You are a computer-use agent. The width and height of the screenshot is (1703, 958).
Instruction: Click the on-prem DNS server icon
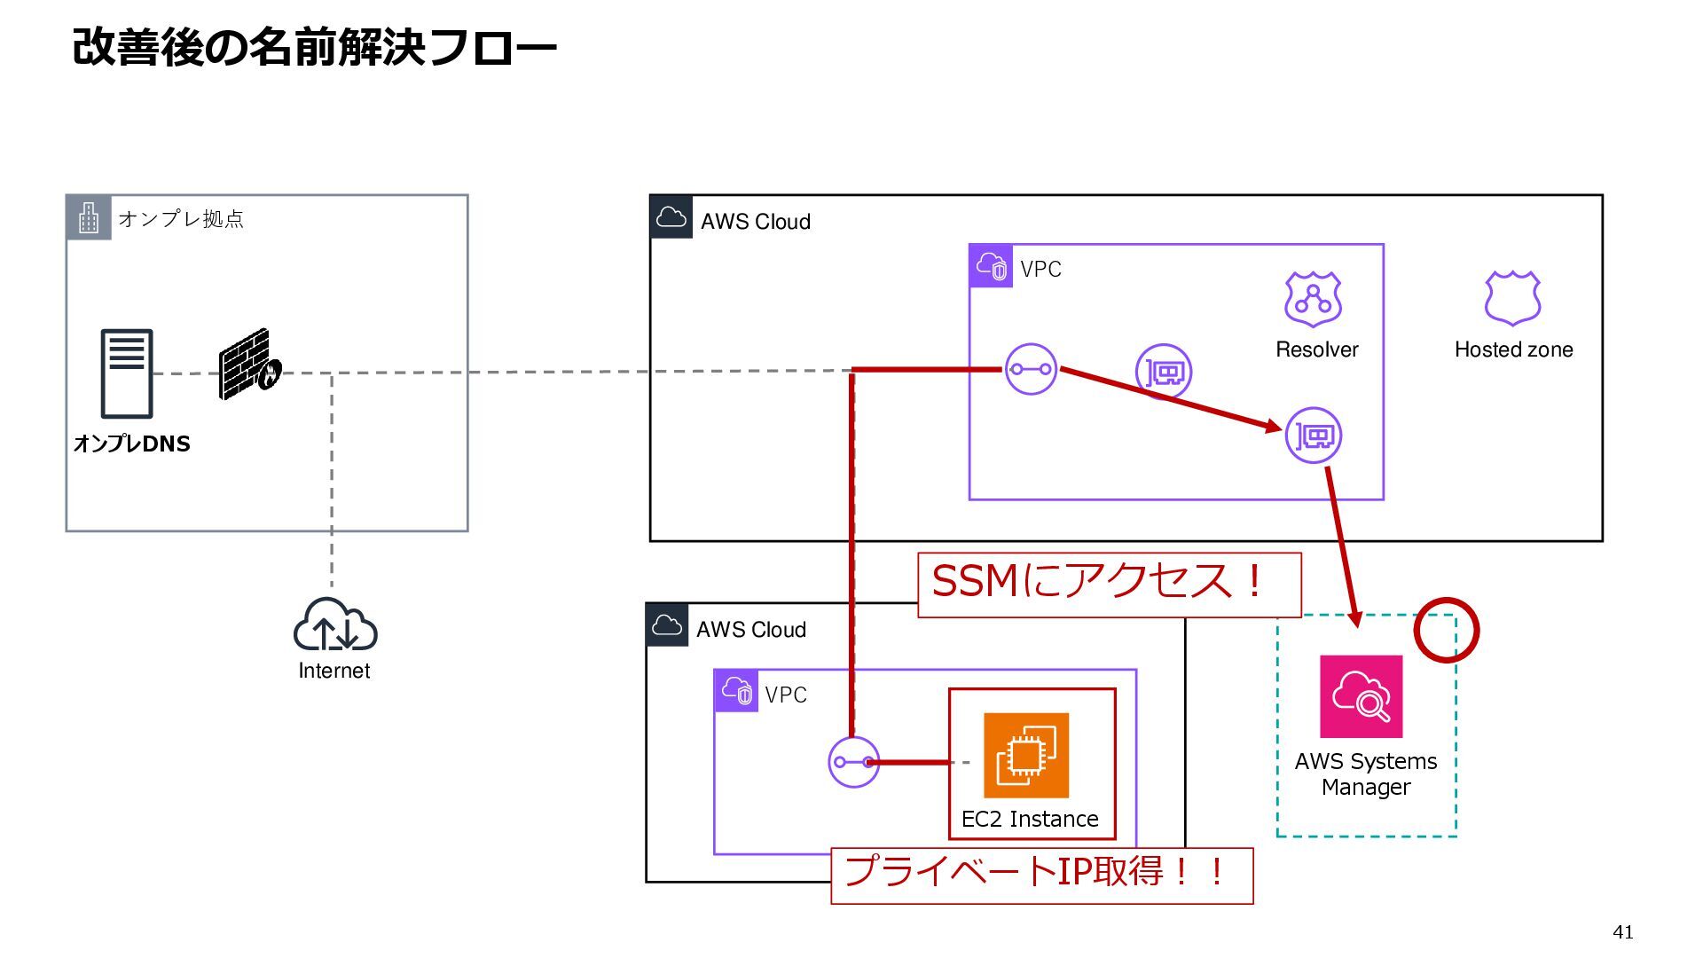(127, 373)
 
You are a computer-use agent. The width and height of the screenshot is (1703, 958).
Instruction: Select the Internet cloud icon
(335, 624)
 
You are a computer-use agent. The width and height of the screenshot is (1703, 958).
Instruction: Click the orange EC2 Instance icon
(1026, 756)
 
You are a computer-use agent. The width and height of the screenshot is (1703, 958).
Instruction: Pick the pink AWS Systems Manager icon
(1362, 696)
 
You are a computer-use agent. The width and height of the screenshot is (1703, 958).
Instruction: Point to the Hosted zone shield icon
(1513, 298)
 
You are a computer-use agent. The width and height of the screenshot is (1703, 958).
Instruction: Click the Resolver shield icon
(1314, 299)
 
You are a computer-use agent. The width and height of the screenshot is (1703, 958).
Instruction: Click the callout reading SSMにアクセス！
(1110, 585)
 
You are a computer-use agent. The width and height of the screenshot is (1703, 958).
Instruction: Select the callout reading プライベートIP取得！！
(1042, 876)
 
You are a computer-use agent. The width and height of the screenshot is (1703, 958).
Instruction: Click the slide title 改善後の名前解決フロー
(314, 47)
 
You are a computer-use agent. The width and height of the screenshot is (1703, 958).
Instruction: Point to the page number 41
(1623, 931)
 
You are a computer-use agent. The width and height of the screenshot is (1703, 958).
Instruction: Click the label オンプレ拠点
(181, 219)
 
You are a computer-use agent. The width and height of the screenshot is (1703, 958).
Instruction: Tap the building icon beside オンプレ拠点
(89, 217)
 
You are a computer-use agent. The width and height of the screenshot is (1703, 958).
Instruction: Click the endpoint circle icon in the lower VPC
(854, 762)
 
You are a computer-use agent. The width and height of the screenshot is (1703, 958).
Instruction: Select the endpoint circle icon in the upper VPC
(1031, 369)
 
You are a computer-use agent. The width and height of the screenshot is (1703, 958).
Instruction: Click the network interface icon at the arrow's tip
(1314, 436)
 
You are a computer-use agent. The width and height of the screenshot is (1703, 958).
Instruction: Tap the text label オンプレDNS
(132, 444)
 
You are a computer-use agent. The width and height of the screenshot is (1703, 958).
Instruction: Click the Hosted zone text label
(1514, 349)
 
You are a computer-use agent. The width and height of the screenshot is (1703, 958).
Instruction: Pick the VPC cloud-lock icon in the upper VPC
(991, 266)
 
